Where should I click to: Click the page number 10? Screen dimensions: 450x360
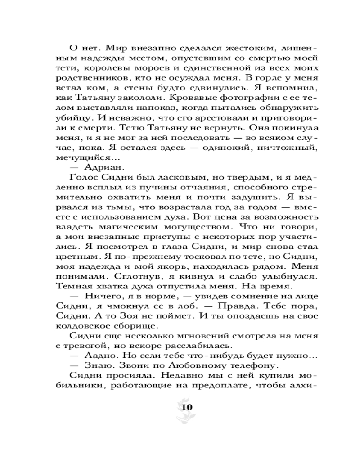(x=186, y=407)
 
